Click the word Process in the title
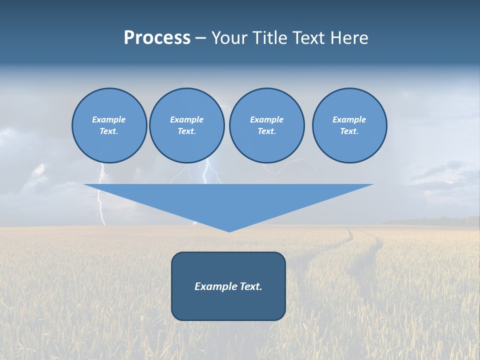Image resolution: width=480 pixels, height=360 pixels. (157, 38)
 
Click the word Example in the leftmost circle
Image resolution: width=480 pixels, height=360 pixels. (109, 119)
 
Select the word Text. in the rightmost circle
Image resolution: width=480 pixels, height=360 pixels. (349, 131)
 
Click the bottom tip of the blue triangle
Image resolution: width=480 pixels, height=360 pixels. (229, 230)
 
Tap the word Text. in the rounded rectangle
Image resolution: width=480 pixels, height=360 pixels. (251, 286)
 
